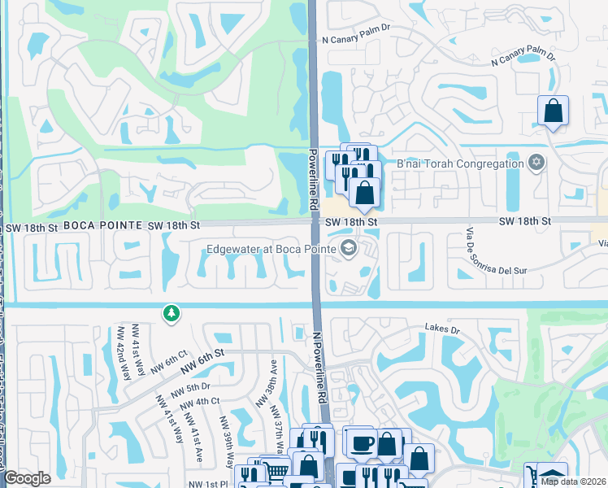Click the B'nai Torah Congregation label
(x=459, y=164)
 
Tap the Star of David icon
(x=535, y=164)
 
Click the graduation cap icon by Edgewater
(x=349, y=249)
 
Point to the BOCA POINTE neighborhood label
(x=97, y=224)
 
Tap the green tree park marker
(x=171, y=313)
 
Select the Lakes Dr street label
(x=442, y=329)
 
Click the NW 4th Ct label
(x=201, y=401)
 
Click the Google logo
(x=28, y=479)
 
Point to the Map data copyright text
(x=572, y=481)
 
